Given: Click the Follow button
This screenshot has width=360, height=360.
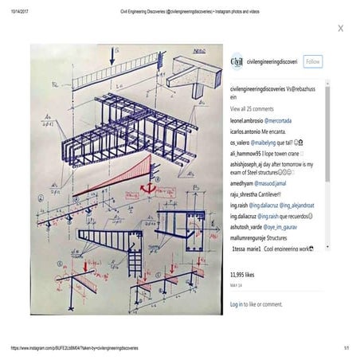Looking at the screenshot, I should [312, 61].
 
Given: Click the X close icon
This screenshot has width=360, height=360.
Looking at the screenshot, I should [341, 28].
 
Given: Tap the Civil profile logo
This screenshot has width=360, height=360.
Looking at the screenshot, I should [237, 61].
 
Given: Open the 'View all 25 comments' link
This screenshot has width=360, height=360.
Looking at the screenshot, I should [252, 108].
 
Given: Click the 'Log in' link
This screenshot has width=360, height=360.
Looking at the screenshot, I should [237, 304].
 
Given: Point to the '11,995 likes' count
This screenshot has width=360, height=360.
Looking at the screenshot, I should [245, 273].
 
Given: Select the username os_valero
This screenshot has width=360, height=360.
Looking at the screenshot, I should [240, 141].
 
